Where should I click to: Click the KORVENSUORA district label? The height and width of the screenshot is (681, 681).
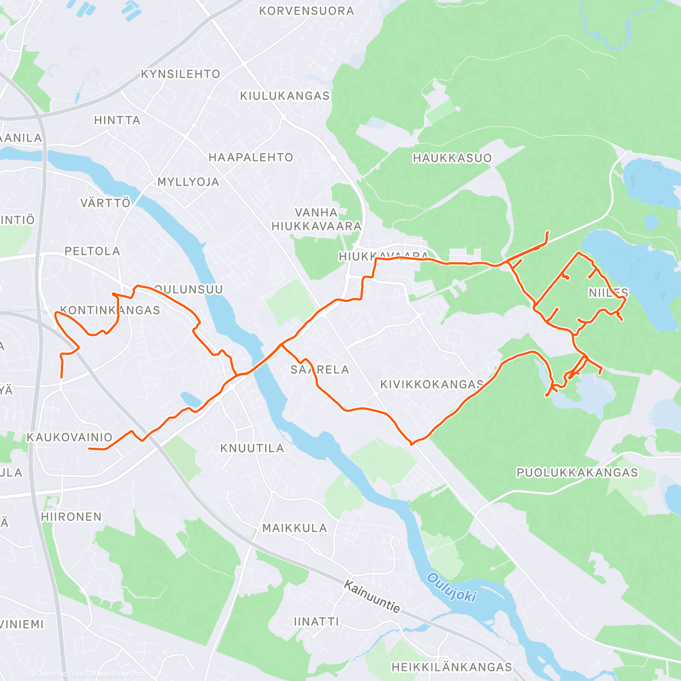pos(306,11)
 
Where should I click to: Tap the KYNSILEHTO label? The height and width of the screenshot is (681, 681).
pos(180,74)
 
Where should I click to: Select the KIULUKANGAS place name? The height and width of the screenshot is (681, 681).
pos(285,96)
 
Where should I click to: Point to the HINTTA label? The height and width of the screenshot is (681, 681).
pos(117,120)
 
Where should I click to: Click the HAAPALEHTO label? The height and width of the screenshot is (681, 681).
pos(251,158)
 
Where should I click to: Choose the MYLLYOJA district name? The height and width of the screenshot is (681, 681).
pos(188,182)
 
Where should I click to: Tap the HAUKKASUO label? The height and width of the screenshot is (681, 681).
pos(452,158)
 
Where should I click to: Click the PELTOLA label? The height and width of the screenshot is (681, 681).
pos(93,251)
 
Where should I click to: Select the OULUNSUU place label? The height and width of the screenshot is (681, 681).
pos(188,289)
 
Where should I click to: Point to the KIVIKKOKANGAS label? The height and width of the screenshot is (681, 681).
pos(432,385)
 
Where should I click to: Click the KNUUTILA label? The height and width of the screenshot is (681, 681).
pos(252,448)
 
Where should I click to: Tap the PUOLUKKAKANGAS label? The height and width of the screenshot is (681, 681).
pos(577,473)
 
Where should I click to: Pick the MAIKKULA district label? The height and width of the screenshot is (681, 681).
pos(295,528)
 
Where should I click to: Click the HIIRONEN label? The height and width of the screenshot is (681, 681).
pos(72,517)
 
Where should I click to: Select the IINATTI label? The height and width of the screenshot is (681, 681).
pos(317,622)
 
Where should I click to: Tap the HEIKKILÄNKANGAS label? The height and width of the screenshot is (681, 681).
pos(452,667)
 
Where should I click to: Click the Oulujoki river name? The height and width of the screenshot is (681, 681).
pos(451,587)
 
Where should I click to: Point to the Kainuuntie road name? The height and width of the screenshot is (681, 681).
pos(372,596)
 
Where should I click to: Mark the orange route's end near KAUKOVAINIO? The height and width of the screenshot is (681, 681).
pos(89,449)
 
